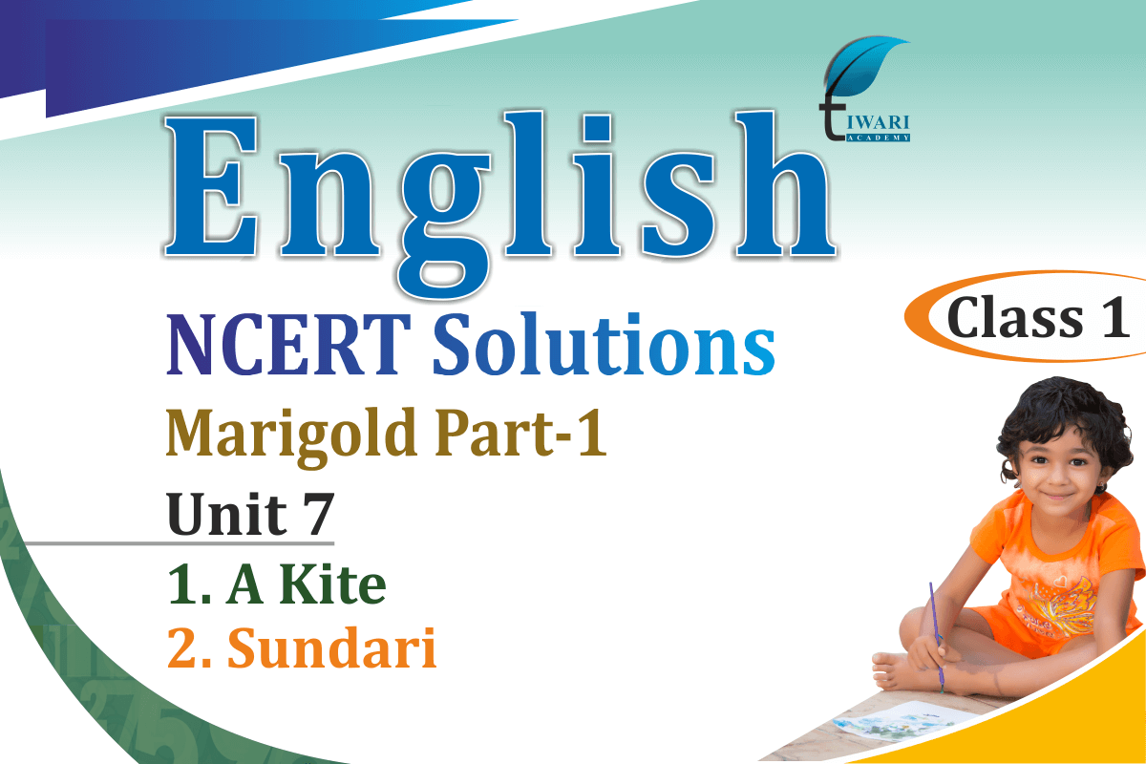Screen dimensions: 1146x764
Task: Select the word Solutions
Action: click(x=604, y=343)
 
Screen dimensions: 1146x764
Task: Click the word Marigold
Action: click(x=290, y=436)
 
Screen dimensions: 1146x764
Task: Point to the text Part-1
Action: click(x=520, y=433)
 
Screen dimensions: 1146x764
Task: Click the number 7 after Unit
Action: click(x=316, y=514)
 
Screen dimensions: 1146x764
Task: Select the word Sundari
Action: click(x=331, y=647)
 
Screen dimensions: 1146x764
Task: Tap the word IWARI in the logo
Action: click(x=878, y=123)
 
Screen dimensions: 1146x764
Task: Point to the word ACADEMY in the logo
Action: click(x=878, y=138)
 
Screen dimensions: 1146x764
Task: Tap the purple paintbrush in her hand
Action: click(x=936, y=637)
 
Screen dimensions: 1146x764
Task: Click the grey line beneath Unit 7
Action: click(x=180, y=543)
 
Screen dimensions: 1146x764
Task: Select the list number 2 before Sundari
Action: click(x=182, y=648)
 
